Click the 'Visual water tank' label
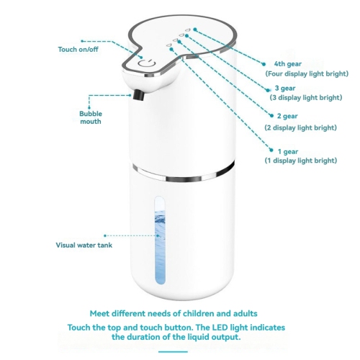pos(84,245)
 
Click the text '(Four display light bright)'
pos(306,73)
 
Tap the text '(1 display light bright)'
pos(302,160)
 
